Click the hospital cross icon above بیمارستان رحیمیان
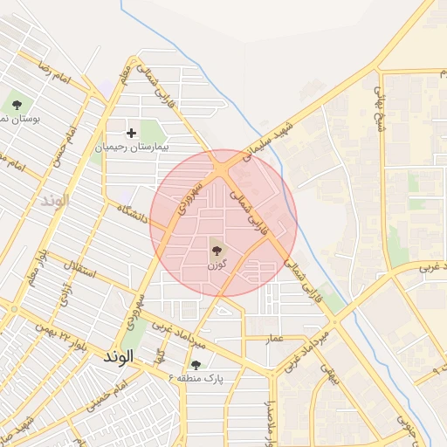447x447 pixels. point(132,134)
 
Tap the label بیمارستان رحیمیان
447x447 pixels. point(132,148)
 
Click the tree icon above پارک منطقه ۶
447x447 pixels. point(196,364)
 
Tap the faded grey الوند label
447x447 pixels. point(54,200)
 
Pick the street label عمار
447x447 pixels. point(276,336)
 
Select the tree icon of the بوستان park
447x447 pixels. point(17,105)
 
